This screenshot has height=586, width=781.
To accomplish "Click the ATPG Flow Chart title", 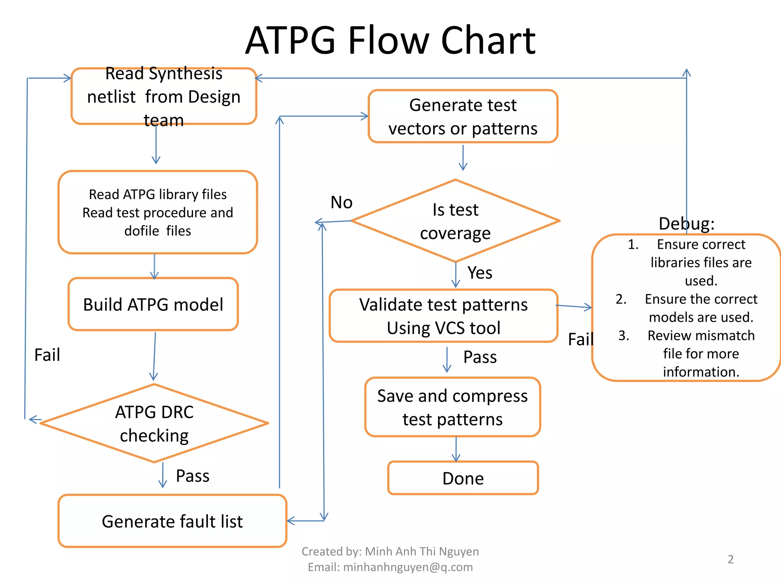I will tap(390, 40).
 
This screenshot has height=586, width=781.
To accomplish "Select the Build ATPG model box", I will tap(153, 304).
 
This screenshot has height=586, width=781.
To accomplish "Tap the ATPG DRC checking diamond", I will tap(154, 423).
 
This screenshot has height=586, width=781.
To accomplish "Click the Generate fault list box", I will tap(172, 521).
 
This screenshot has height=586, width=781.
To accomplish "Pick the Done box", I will tap(463, 478).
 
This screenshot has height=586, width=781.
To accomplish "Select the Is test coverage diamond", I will tap(455, 221).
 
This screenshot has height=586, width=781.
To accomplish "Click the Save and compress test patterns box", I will tap(453, 407).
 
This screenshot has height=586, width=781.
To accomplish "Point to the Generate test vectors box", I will tap(463, 116).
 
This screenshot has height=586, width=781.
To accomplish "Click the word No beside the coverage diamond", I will tap(341, 202).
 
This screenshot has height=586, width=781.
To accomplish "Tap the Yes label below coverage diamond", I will tap(480, 273).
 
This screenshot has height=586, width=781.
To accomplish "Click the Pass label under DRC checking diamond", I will tap(193, 476).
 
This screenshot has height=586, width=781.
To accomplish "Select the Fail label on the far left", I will tap(47, 355).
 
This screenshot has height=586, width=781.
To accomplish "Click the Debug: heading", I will tap(686, 224).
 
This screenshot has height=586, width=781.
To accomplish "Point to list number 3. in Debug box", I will tap(624, 335).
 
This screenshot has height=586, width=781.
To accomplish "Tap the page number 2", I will tap(730, 559).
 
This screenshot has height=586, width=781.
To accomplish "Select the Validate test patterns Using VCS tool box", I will tap(444, 316).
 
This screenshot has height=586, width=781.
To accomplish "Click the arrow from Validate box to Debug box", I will tap(574, 306).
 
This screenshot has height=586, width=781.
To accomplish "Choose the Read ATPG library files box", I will tap(158, 212).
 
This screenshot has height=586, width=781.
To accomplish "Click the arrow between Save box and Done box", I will tap(456, 449).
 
